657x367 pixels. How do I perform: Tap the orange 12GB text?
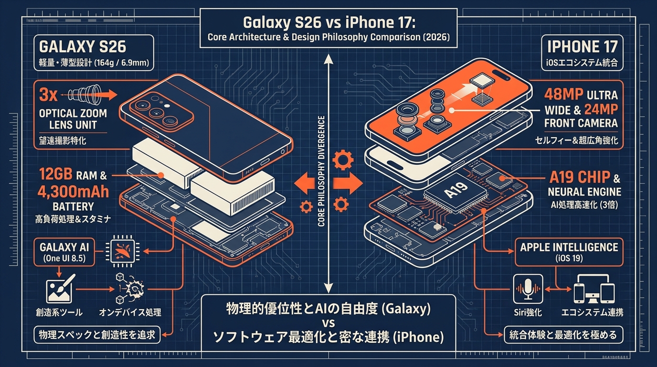tap(55, 174)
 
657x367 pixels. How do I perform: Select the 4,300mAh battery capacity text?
tap(73, 192)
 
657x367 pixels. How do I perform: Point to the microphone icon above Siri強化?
tap(528, 289)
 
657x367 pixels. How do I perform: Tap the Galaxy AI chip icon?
tap(122, 251)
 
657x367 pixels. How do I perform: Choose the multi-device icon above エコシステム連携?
tap(594, 289)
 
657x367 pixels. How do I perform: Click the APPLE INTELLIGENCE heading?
tap(569, 248)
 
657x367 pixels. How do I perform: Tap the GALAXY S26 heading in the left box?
tap(83, 47)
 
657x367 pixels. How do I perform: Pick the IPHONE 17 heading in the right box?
tap(583, 47)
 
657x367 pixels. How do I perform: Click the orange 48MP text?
tap(563, 94)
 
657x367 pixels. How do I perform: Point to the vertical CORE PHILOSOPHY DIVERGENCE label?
tap(321, 171)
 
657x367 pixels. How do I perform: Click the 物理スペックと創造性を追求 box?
tap(97, 335)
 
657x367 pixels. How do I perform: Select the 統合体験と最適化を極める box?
tap(563, 335)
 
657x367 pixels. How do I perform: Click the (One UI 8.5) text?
tap(64, 259)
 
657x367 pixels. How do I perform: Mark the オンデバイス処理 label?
tap(130, 313)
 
